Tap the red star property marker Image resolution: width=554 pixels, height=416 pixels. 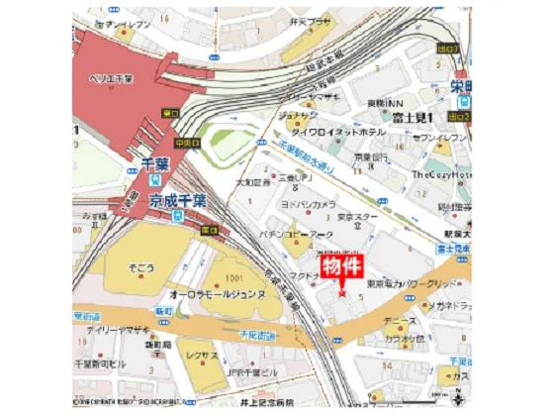[342, 293]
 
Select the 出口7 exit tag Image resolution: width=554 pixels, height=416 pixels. [447, 48]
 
